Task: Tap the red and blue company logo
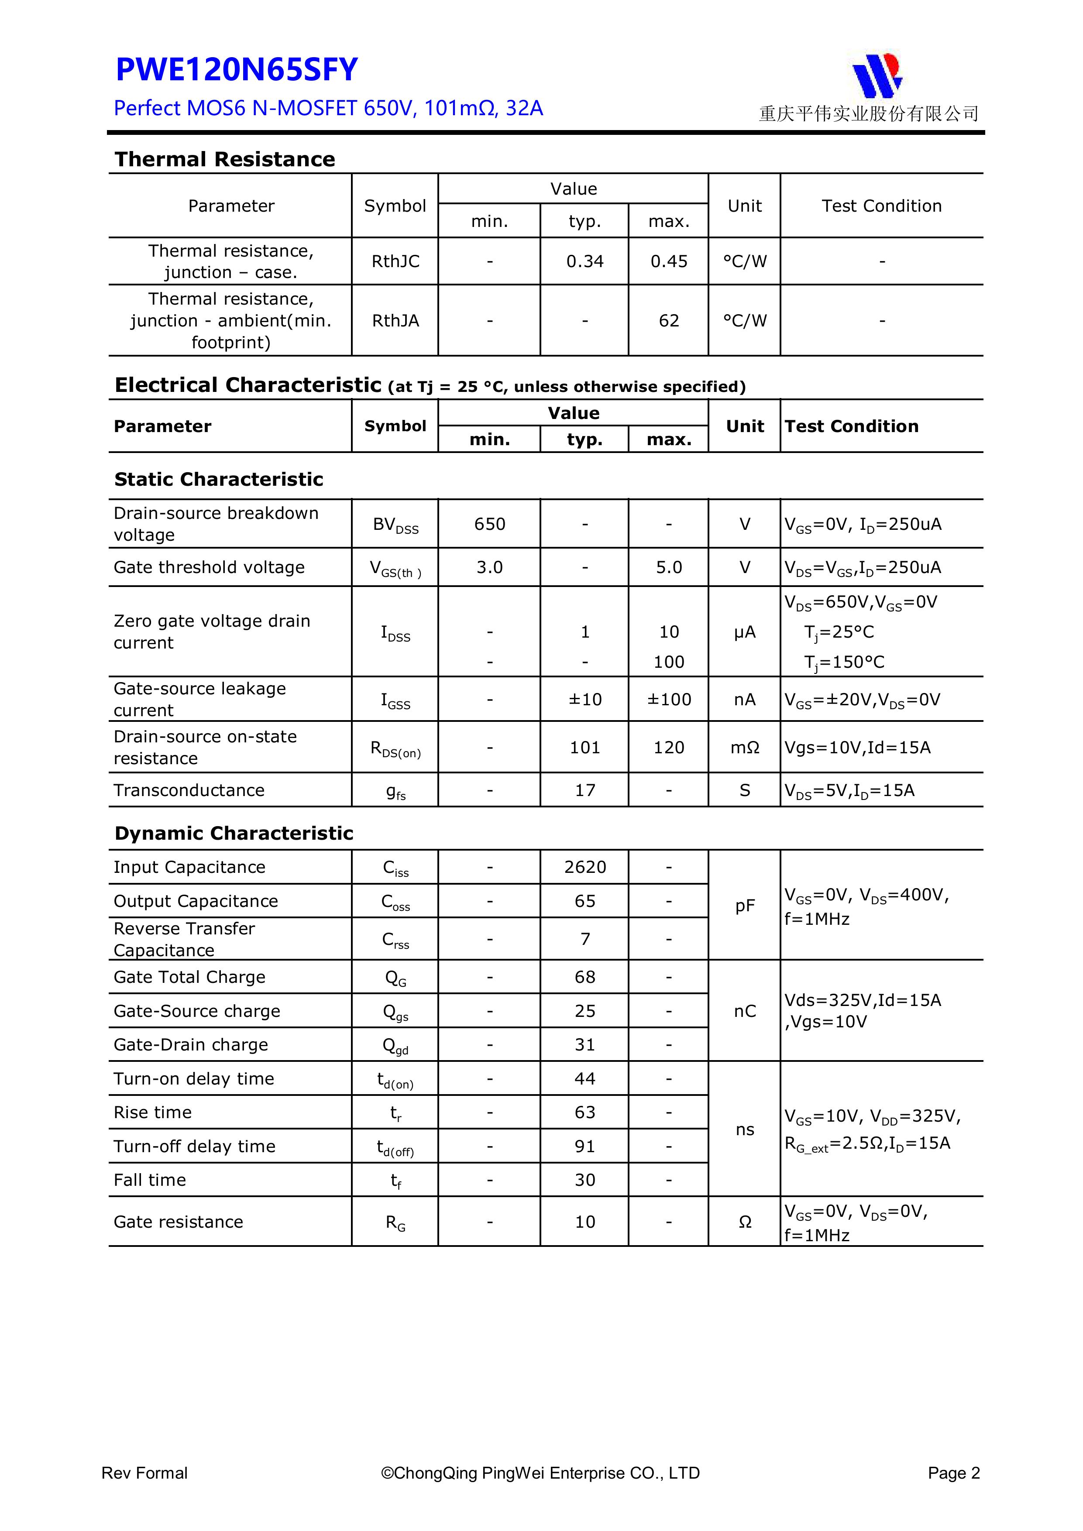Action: [877, 75]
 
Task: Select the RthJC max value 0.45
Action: [668, 261]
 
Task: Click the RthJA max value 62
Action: [668, 321]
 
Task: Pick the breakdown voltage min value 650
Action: [489, 524]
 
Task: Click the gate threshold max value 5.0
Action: [668, 567]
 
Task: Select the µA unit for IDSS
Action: [744, 632]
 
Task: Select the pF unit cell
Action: [744, 906]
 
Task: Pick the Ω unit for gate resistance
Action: [744, 1222]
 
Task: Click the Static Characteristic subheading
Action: [218, 480]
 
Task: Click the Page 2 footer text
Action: [954, 1473]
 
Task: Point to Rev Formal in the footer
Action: [144, 1473]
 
